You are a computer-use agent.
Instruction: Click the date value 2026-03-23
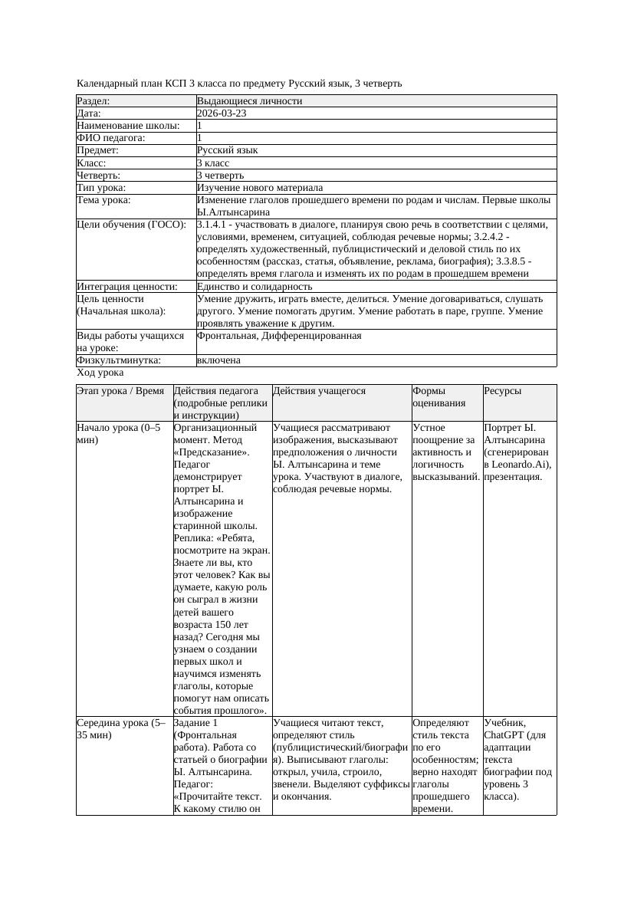222,113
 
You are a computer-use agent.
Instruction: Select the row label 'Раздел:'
94,101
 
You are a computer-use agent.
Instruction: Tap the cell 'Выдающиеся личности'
249,101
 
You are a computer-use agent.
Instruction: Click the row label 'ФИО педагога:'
111,138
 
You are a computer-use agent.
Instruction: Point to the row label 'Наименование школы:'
129,126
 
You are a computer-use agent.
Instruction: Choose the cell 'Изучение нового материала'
260,188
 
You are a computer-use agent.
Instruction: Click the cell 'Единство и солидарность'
255,287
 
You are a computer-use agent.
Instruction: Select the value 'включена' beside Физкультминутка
218,360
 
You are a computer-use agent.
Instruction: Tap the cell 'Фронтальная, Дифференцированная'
279,336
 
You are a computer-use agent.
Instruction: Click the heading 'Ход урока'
100,373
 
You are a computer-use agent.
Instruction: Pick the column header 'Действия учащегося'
319,391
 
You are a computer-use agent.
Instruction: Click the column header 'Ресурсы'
503,391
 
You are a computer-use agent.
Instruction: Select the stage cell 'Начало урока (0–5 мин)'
119,434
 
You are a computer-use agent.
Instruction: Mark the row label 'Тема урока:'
104,200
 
